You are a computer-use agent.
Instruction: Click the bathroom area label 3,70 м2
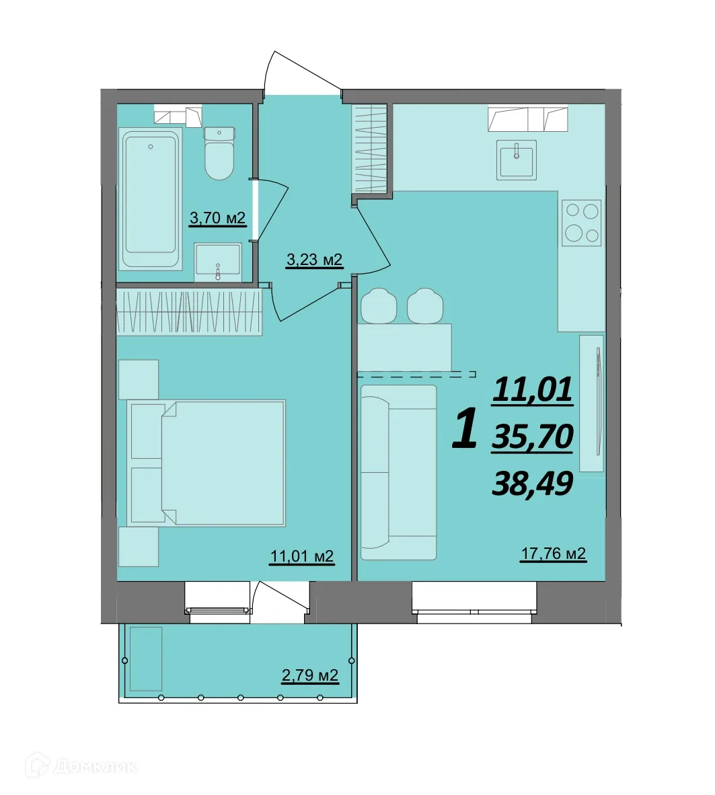(x=217, y=218)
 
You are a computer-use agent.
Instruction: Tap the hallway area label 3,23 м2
(x=314, y=260)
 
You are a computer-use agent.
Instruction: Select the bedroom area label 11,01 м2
(x=302, y=556)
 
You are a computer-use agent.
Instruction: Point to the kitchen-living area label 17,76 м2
(x=554, y=553)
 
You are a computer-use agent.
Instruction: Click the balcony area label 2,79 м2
(x=310, y=675)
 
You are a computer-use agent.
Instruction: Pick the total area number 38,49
(x=533, y=483)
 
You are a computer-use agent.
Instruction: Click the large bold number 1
(x=465, y=429)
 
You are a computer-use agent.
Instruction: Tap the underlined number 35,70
(x=533, y=437)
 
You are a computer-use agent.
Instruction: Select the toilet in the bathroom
(x=219, y=153)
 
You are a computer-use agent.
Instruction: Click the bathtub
(x=150, y=198)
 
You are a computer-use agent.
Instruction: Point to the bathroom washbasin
(x=218, y=262)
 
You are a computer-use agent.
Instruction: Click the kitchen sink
(x=516, y=159)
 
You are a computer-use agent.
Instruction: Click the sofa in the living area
(x=399, y=472)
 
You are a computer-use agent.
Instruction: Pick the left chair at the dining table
(x=378, y=305)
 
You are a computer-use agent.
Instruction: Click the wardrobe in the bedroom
(x=189, y=312)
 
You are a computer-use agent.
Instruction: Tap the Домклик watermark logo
(x=82, y=765)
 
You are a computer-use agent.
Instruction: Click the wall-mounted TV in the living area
(x=599, y=402)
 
